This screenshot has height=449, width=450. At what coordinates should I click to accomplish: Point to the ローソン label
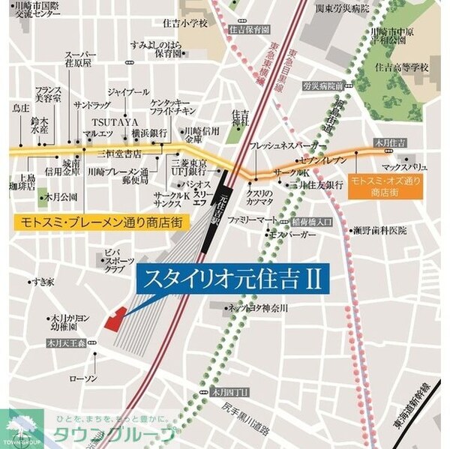pyautogui.click(x=83, y=379)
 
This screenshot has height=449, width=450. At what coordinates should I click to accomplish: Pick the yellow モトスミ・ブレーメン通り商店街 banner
pyautogui.click(x=102, y=223)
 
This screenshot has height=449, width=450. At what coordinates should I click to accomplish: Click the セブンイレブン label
pyautogui.click(x=323, y=160)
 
